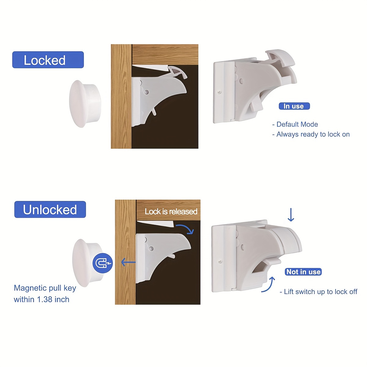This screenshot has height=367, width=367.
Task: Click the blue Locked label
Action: [x=48, y=60]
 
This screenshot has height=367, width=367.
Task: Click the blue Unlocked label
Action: [x=50, y=209]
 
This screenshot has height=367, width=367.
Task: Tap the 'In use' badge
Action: [x=294, y=106]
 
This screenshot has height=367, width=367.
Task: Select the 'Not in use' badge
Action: [x=303, y=272]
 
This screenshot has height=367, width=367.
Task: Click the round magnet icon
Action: [x=102, y=263]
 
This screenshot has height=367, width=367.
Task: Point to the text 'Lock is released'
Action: [x=171, y=211]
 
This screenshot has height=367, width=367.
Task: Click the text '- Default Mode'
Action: [x=295, y=124]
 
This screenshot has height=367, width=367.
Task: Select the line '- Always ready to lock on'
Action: [x=311, y=134]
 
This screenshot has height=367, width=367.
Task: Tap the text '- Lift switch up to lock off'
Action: [x=318, y=292]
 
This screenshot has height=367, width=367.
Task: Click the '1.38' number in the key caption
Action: [x=45, y=299]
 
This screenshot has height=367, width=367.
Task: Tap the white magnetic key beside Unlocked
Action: [x=86, y=262]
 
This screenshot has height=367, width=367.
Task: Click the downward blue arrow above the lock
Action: [x=291, y=215]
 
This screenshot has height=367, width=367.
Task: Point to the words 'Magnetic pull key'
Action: [x=45, y=288]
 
